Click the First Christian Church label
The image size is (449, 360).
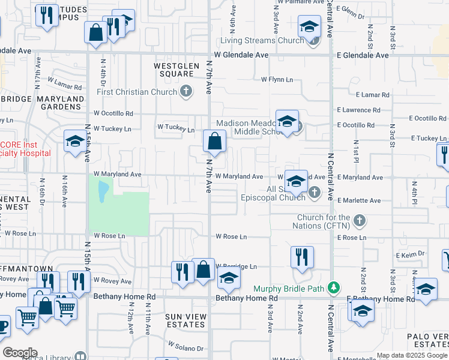pyautogui.click(x=137, y=92)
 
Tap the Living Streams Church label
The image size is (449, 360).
pyautogui.click(x=262, y=41)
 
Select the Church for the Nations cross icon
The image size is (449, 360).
pyautogui.click(x=359, y=220)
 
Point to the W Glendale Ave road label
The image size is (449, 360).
pyautogui.click(x=241, y=55)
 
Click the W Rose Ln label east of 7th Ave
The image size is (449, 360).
pyautogui.click(x=231, y=237)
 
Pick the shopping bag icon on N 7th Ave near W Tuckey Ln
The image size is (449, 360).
pyautogui.click(x=214, y=142)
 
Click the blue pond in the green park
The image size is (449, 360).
pyautogui.click(x=102, y=190)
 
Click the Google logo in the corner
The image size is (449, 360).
pyautogui.click(x=20, y=352)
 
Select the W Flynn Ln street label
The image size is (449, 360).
pyautogui.click(x=277, y=79)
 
